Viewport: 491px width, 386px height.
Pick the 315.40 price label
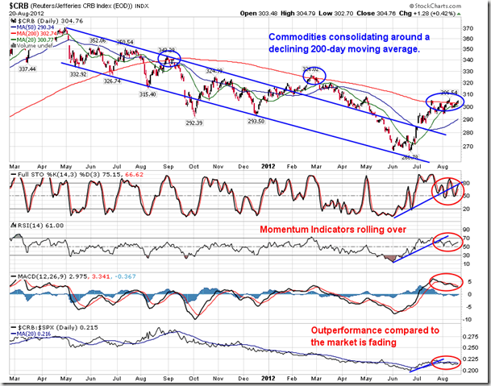click(148, 93)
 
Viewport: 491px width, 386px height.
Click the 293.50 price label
click(256, 121)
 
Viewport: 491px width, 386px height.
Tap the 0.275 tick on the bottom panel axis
click(469, 329)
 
